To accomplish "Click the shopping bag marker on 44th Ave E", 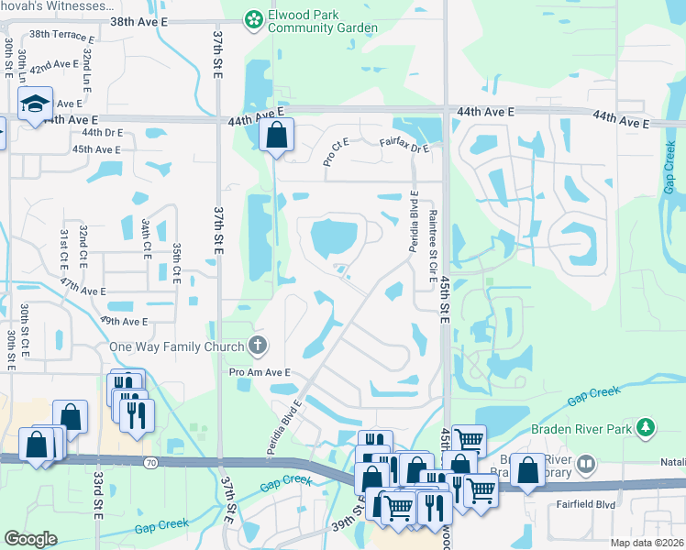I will point(275,137).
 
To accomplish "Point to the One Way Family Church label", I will point(177,346).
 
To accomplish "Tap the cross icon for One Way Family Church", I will point(259,346).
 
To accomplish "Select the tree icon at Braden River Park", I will point(646,427).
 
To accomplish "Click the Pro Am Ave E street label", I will point(260,372).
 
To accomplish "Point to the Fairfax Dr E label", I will point(404,145).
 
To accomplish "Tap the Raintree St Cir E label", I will point(432,239).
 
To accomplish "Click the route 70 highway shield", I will point(150,464).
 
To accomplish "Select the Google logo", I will point(30,539).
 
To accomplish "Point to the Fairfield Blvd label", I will point(584,503).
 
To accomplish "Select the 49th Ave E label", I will point(125,322).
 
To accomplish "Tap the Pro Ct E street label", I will point(337,152).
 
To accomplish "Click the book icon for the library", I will point(585,465).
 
